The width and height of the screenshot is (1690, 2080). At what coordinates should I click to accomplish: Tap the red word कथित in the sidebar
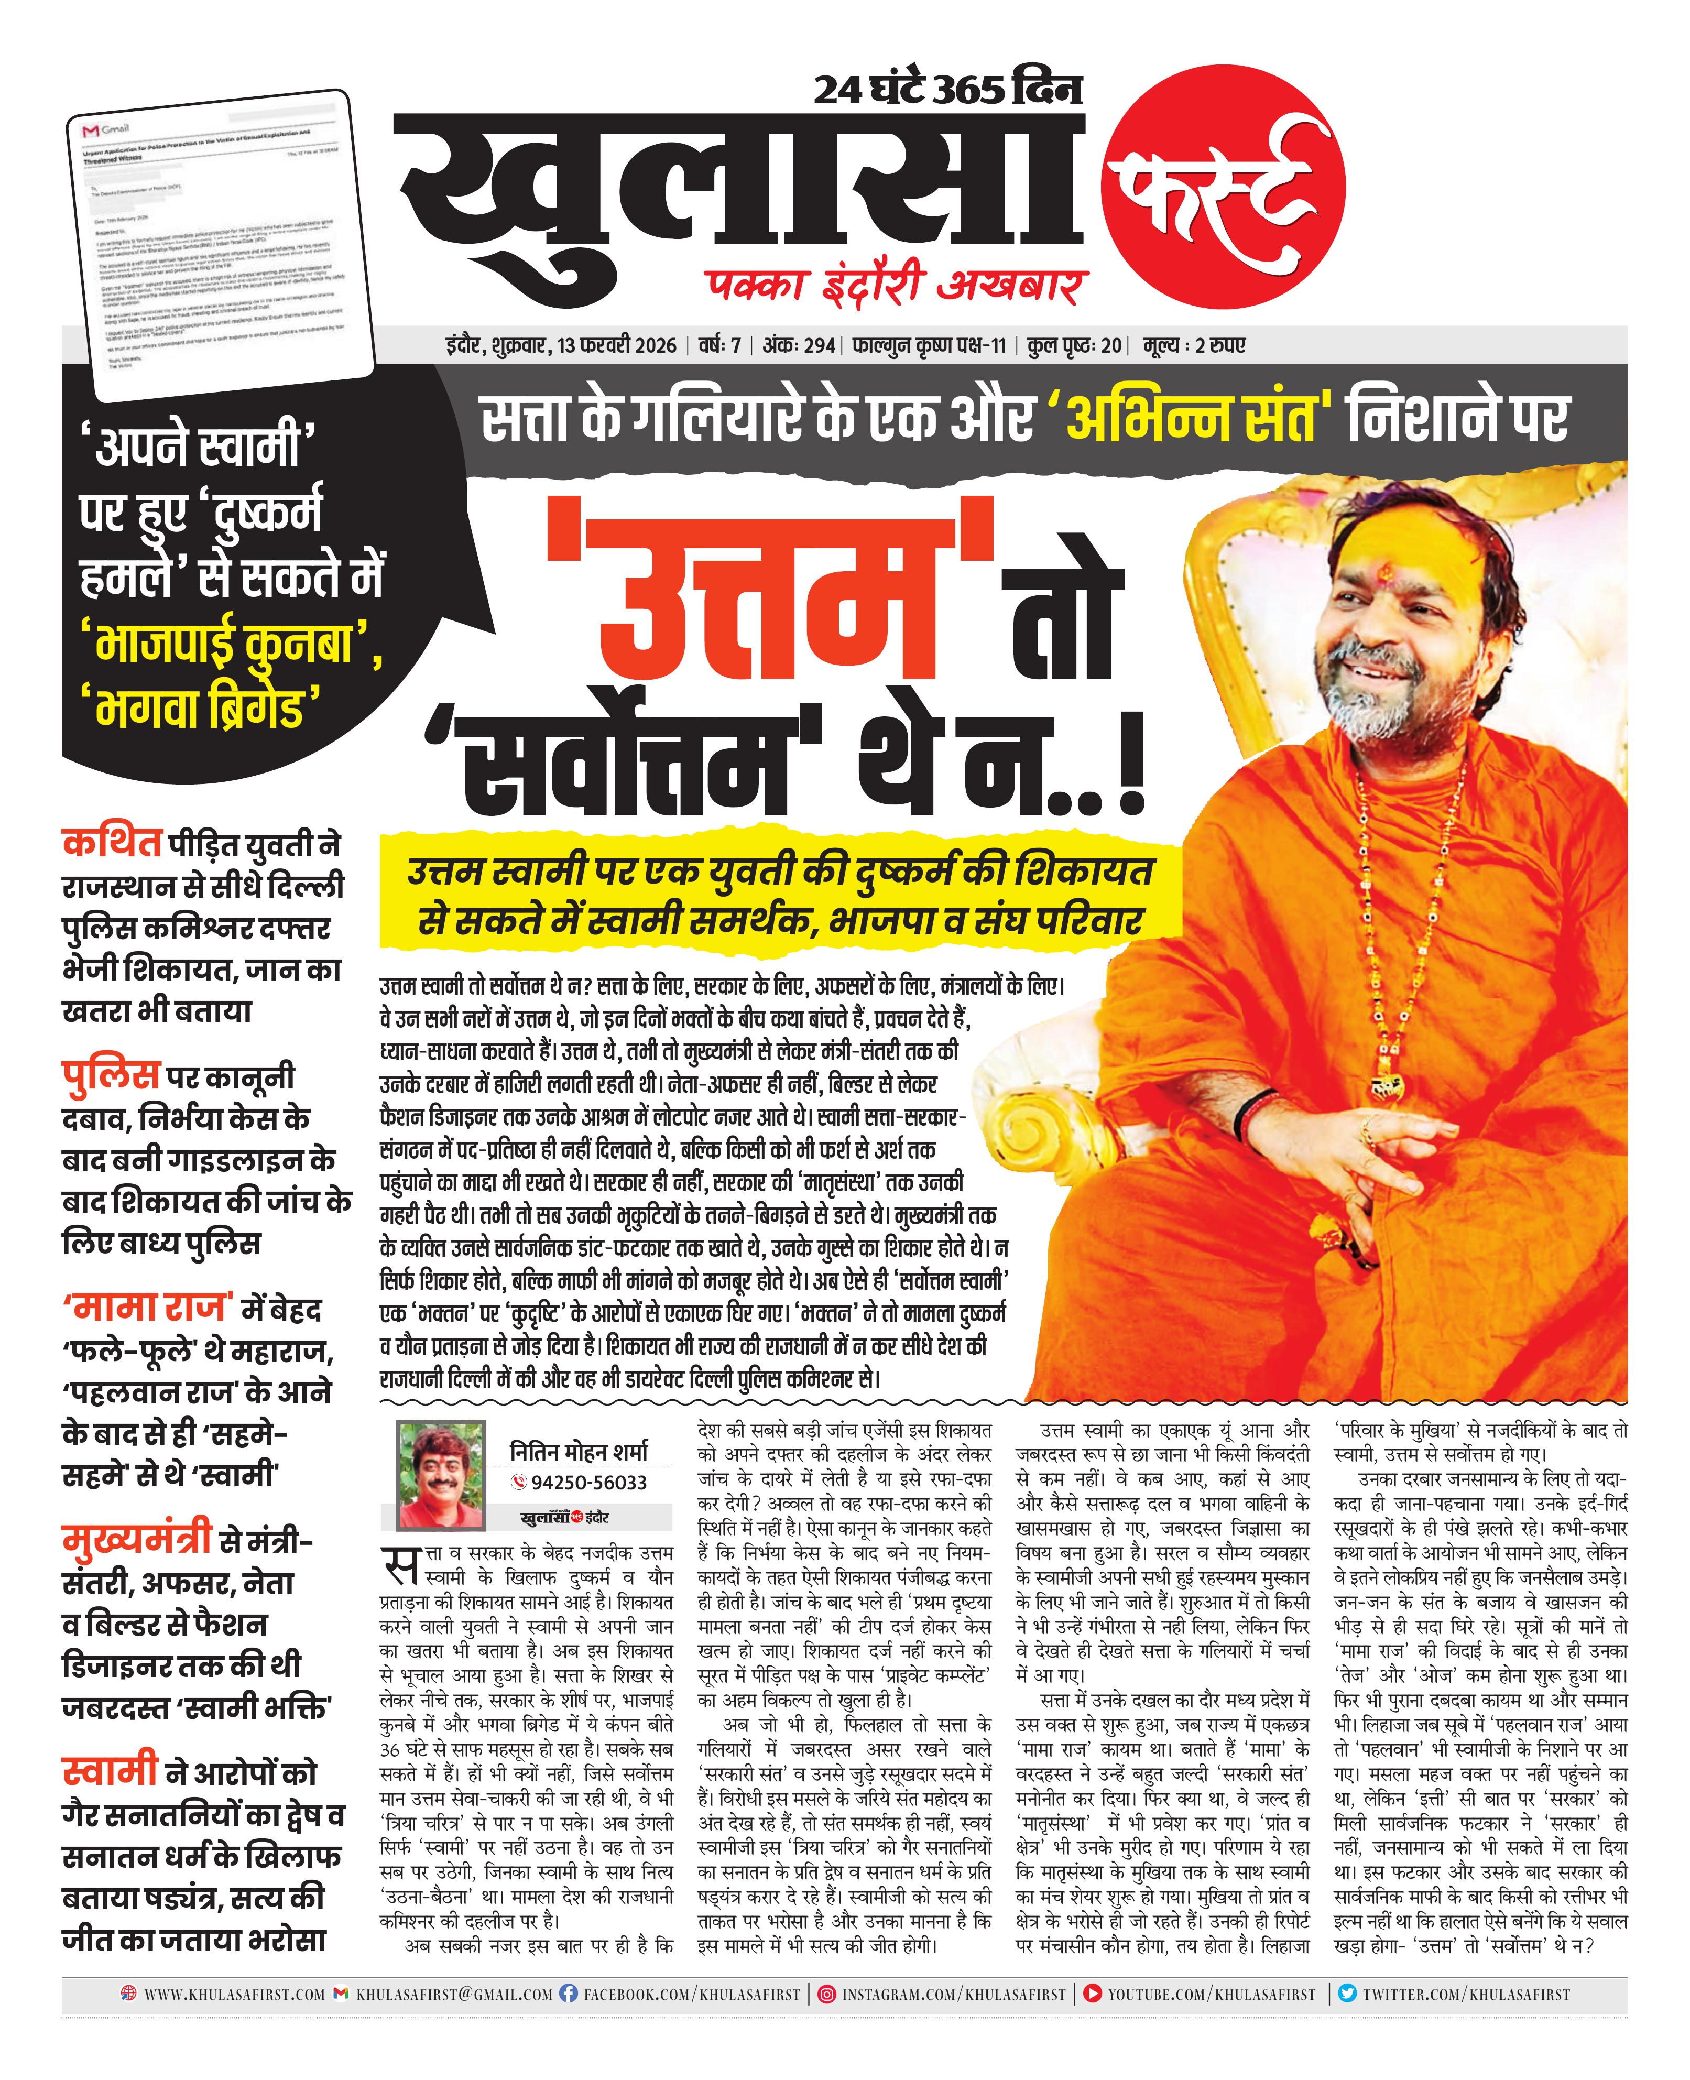tap(111, 843)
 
